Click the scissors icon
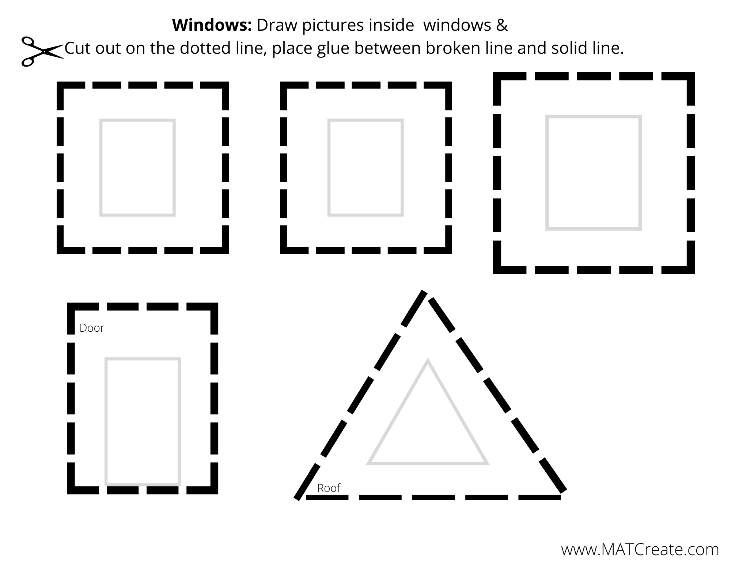[42, 52]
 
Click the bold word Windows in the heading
[212, 25]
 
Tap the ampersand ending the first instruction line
[502, 25]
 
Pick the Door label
[92, 328]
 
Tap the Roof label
[329, 488]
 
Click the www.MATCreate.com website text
[640, 550]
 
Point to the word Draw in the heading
[273, 25]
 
